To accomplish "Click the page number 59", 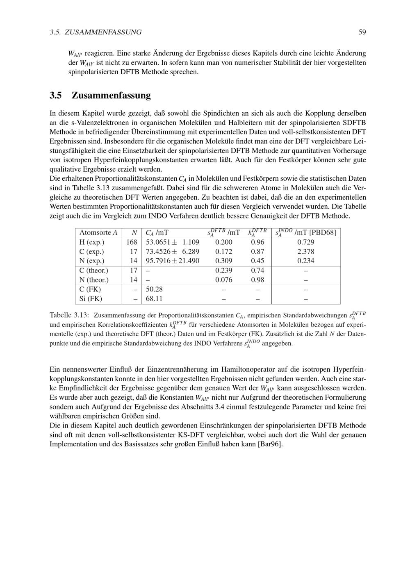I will [x=362, y=32].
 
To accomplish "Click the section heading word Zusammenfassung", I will [x=111, y=96].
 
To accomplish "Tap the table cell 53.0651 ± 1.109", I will [x=172, y=242].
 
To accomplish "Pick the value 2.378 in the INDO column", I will [x=305, y=252].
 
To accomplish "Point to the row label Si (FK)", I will [x=91, y=299].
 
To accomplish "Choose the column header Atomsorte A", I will [x=98, y=233].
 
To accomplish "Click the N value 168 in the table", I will [x=132, y=242].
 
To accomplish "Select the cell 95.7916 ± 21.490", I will [x=172, y=261].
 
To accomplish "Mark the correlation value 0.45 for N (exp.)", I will [x=257, y=261].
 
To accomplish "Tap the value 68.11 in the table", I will [x=154, y=299].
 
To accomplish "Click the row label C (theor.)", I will [x=94, y=271].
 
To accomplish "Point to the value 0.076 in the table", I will [x=223, y=280].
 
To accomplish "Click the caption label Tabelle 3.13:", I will [x=69, y=316].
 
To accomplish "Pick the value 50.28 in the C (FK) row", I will [x=154, y=289].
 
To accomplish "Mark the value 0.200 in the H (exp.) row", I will [x=223, y=242].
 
